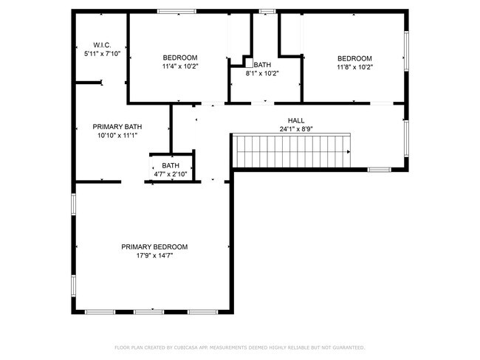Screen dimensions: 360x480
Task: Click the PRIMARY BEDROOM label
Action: (154, 247)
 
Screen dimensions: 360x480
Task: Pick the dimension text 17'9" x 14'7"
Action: (154, 256)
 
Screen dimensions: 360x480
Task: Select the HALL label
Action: (295, 120)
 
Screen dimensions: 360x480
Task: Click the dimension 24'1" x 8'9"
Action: (295, 129)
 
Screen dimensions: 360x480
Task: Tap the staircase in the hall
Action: (291, 150)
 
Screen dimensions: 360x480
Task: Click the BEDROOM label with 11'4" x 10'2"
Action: (180, 58)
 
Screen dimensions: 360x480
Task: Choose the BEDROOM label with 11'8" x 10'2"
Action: (354, 59)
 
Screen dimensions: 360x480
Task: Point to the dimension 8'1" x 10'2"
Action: (262, 73)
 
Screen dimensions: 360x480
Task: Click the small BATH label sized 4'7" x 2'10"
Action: (171, 165)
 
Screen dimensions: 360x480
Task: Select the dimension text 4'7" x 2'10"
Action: (171, 174)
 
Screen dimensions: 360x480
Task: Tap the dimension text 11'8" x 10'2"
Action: (354, 68)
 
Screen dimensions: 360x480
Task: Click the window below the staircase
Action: (379, 170)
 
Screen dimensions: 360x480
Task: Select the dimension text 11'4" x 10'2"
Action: (180, 67)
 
